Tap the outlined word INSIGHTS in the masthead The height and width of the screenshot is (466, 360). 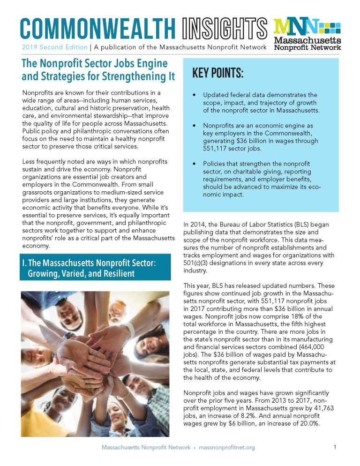tap(223, 29)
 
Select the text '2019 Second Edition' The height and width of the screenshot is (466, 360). tap(54, 47)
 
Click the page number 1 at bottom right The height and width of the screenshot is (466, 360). tap(335, 447)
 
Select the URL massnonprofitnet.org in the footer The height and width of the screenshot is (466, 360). tap(226, 448)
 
